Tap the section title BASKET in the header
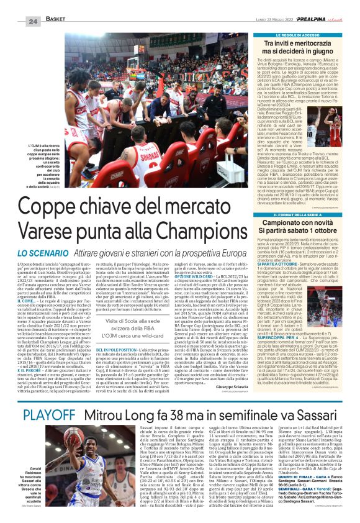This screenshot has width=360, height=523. [x=55, y=20]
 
